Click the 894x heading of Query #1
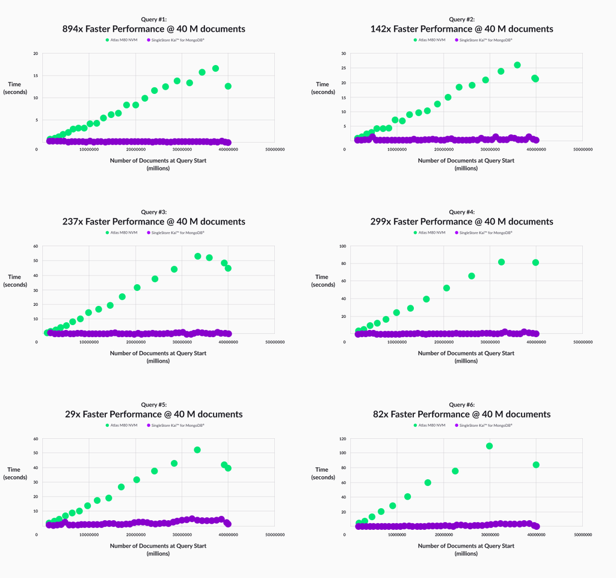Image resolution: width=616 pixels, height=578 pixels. click(x=154, y=29)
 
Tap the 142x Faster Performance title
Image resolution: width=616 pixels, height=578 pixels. click(x=462, y=29)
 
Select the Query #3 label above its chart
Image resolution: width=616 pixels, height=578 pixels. click(x=154, y=212)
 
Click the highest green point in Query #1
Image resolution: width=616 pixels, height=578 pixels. click(x=215, y=69)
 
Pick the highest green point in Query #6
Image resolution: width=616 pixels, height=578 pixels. click(x=490, y=446)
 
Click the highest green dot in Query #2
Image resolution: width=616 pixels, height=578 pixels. click(x=517, y=65)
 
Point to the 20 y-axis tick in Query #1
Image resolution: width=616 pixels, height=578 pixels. click(x=36, y=54)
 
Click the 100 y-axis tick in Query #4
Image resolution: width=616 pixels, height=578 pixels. click(x=343, y=246)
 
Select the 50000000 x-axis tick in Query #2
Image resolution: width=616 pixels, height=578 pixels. click(x=582, y=149)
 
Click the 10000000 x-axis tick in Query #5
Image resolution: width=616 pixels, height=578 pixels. click(x=89, y=534)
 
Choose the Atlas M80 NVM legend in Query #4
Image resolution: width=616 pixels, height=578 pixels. click(x=430, y=232)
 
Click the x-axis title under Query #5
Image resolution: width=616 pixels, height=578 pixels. click(x=158, y=549)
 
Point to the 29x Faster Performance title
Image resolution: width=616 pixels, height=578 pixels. click(x=154, y=414)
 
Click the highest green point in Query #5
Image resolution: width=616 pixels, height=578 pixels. click(x=197, y=450)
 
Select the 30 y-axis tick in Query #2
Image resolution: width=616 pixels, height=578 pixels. click(x=344, y=54)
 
